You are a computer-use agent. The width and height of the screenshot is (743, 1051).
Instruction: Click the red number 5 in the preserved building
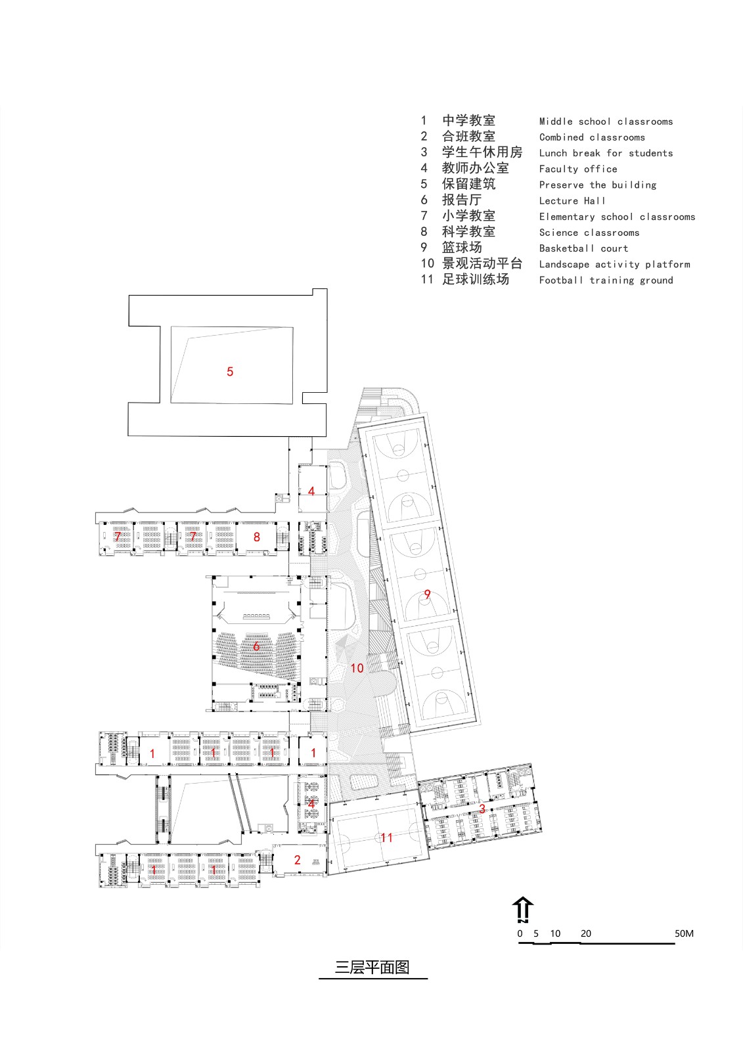(x=230, y=372)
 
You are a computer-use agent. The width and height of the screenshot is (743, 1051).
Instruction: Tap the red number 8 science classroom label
(x=257, y=537)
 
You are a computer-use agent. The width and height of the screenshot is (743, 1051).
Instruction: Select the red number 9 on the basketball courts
(x=427, y=594)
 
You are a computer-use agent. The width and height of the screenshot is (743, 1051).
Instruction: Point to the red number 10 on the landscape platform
(x=357, y=668)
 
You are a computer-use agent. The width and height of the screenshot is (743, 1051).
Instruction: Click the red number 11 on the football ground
(x=386, y=838)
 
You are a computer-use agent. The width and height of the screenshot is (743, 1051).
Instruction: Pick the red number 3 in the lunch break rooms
(x=482, y=809)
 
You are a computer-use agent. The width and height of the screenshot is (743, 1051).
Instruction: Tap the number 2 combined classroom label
(x=297, y=860)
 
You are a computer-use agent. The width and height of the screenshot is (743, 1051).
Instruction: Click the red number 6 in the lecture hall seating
(x=256, y=646)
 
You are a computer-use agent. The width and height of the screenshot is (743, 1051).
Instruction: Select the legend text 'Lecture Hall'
(x=572, y=201)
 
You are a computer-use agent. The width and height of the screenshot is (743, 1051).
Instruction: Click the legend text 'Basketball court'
(x=583, y=248)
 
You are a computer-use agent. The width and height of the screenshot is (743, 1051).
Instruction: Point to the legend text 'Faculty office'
(x=578, y=169)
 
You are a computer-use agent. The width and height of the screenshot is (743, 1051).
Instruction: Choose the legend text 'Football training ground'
(x=606, y=280)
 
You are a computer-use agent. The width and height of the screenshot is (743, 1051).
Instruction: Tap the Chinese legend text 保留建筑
(x=468, y=185)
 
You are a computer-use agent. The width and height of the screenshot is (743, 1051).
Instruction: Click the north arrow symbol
(x=523, y=910)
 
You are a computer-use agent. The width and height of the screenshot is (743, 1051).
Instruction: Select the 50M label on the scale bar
(x=683, y=933)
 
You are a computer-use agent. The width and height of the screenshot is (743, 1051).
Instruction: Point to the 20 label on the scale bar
(x=585, y=933)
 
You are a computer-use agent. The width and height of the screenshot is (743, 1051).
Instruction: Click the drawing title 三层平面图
(x=372, y=968)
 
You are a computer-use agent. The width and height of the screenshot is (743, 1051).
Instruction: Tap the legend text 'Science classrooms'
(x=589, y=233)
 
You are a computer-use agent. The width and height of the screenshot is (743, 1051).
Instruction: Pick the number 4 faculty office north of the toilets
(x=311, y=491)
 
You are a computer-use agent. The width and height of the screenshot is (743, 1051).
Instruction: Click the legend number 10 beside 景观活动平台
(x=428, y=264)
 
